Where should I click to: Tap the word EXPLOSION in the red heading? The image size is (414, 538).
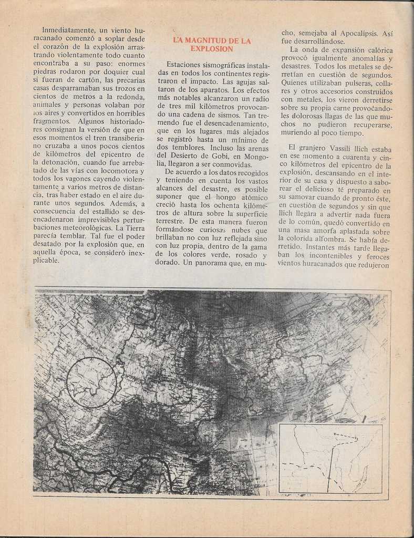click(x=212, y=49)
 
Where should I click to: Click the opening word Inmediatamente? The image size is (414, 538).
click(x=68, y=30)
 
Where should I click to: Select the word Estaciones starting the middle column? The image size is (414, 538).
click(x=184, y=65)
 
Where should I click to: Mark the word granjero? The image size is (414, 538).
click(x=314, y=149)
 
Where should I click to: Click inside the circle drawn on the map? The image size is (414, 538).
click(x=91, y=382)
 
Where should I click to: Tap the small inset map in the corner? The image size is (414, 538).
click(x=330, y=458)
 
